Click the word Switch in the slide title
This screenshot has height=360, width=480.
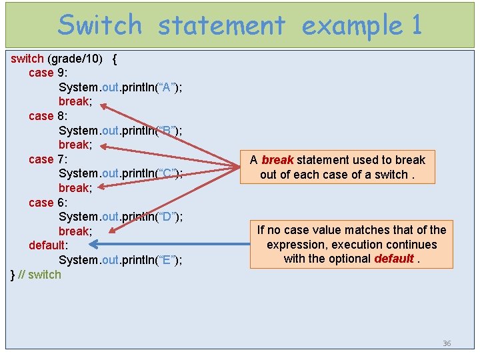click(100, 25)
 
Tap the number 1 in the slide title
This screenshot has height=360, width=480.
click(416, 25)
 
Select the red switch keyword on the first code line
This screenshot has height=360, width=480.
click(27, 59)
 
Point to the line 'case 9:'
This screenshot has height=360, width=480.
click(48, 73)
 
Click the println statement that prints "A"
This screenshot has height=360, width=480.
click(121, 87)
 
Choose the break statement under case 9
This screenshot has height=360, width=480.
click(75, 101)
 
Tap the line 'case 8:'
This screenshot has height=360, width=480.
click(48, 116)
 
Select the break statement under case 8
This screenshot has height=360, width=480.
click(75, 145)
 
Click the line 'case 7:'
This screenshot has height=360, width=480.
click(48, 159)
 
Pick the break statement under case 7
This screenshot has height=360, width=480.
click(75, 188)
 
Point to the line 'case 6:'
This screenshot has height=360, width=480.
click(48, 202)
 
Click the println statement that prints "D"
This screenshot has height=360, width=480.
click(121, 217)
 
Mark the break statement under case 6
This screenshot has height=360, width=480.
click(75, 231)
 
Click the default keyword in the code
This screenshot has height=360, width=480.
click(47, 245)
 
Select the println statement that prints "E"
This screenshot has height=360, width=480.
click(121, 260)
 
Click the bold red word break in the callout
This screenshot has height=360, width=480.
click(277, 160)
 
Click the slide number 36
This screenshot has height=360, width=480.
click(447, 343)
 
